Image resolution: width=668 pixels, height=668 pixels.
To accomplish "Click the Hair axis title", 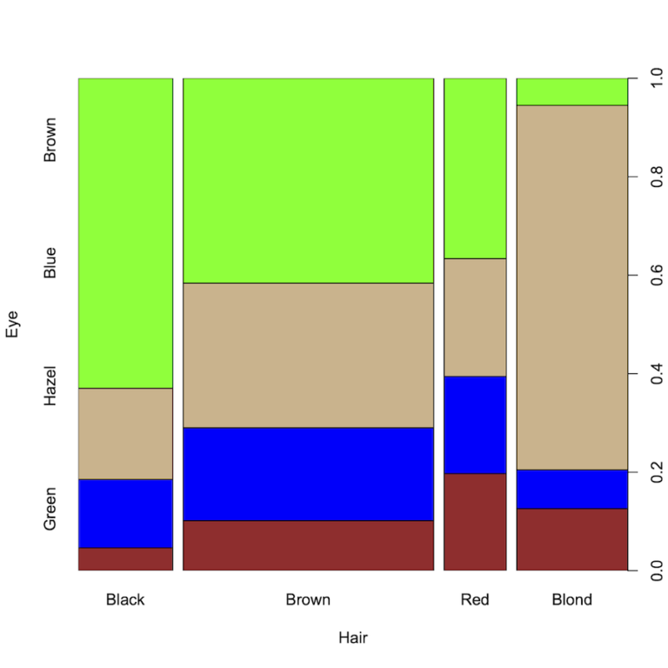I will click(352, 638).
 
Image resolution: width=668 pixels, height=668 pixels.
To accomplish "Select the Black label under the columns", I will click(125, 599).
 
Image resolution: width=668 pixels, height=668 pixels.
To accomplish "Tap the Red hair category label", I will click(475, 599).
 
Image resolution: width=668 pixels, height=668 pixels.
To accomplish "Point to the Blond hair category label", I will click(571, 599).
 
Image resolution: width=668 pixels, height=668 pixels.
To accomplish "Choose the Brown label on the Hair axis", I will click(308, 599).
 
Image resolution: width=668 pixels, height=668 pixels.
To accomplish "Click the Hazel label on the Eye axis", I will click(50, 385).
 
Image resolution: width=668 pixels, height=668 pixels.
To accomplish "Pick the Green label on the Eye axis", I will click(50, 509).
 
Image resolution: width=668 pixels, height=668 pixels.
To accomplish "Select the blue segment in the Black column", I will click(125, 513).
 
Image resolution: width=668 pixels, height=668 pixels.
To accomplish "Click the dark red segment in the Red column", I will click(475, 522).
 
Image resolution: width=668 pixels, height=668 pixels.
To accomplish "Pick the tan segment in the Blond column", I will click(571, 287).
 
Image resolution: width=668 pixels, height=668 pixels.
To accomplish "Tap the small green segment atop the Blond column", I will click(571, 91).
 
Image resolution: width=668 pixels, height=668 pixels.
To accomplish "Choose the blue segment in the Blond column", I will click(571, 489).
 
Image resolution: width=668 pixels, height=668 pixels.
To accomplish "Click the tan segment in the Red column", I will click(475, 317).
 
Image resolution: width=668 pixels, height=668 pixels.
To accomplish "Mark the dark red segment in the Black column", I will click(125, 559).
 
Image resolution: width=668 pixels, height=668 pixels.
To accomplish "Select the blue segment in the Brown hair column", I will click(308, 473).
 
